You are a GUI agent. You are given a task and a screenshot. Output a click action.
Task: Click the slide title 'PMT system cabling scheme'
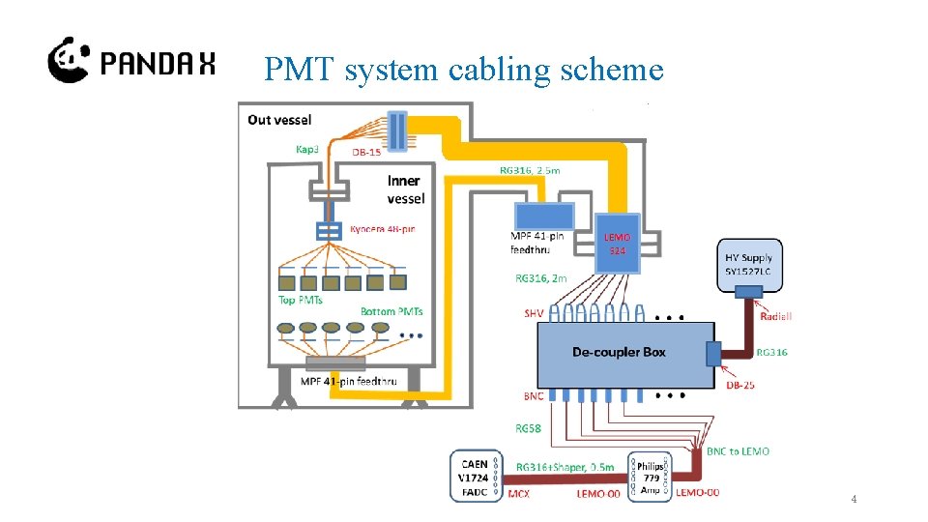click(463, 70)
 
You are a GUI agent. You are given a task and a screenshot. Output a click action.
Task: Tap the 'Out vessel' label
click(279, 120)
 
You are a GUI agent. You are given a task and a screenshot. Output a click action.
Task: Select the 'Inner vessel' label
click(405, 189)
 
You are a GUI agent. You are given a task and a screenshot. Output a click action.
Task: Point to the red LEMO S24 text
click(617, 244)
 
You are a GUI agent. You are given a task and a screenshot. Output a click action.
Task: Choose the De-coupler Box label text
click(619, 352)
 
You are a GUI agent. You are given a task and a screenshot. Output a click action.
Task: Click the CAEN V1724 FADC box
click(477, 476)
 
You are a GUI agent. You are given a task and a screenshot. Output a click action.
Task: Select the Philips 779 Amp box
click(650, 476)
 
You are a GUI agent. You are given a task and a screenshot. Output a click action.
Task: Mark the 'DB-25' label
click(740, 386)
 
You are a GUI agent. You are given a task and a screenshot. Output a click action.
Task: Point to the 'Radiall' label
click(777, 316)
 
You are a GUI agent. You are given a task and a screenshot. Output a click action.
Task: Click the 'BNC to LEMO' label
click(739, 451)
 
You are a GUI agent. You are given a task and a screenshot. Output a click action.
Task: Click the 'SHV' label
click(535, 312)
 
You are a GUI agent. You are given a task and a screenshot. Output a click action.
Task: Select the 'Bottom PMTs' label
click(391, 311)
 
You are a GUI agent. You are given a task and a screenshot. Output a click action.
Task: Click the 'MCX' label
click(518, 494)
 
